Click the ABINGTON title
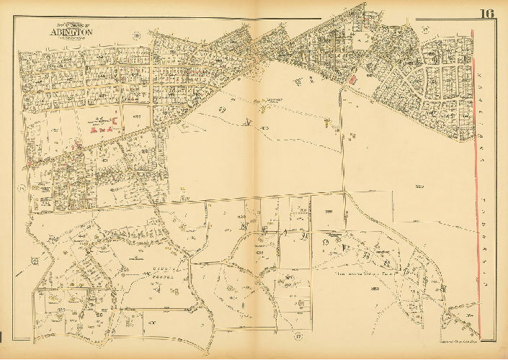click(71, 32)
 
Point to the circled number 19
click(426, 30)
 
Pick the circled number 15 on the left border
click(22, 188)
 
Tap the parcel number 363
click(374, 288)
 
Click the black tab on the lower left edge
click(2, 336)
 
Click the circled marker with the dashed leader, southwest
click(35, 261)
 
